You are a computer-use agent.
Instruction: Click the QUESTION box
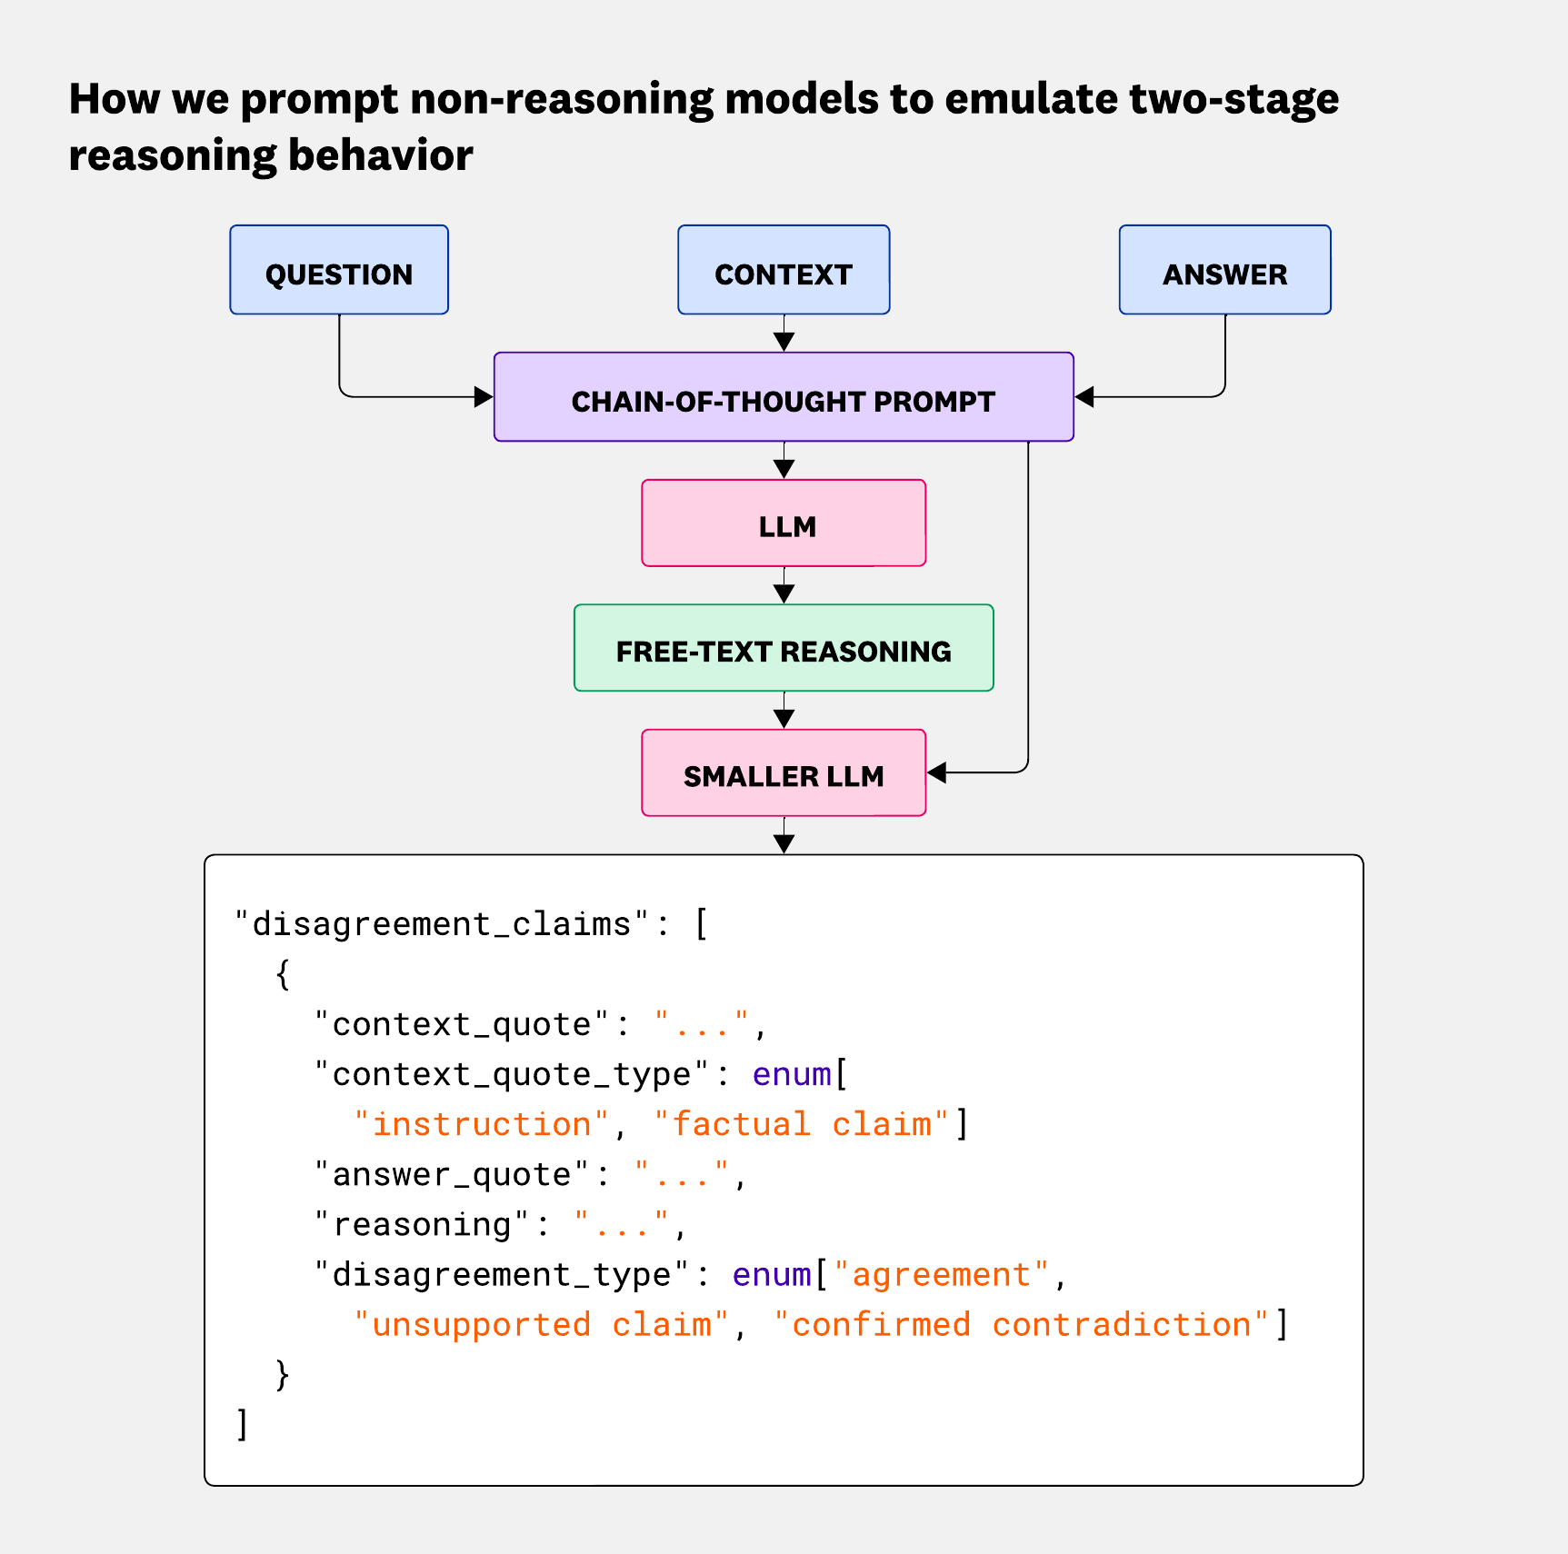point(339,271)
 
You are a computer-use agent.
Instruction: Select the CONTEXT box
point(784,271)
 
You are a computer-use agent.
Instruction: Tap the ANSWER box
point(1224,271)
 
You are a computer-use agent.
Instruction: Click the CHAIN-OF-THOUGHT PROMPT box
point(784,398)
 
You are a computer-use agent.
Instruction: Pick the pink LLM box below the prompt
point(784,524)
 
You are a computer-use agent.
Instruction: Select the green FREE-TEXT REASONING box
point(784,649)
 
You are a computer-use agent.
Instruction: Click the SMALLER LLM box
point(784,774)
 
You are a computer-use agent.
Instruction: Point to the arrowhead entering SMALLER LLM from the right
point(937,772)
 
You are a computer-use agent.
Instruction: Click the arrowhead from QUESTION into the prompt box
point(484,397)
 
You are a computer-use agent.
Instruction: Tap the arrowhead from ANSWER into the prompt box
point(1084,397)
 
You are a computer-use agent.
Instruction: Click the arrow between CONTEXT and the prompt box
point(784,336)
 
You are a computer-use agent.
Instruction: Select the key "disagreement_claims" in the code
point(443,924)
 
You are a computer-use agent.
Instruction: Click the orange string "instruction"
point(482,1124)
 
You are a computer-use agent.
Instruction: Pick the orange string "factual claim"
point(802,1124)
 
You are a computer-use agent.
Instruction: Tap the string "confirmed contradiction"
point(1022,1325)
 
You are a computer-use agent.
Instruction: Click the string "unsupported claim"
point(542,1325)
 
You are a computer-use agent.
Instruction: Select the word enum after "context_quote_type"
point(792,1074)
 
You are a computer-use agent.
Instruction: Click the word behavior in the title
point(381,155)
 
